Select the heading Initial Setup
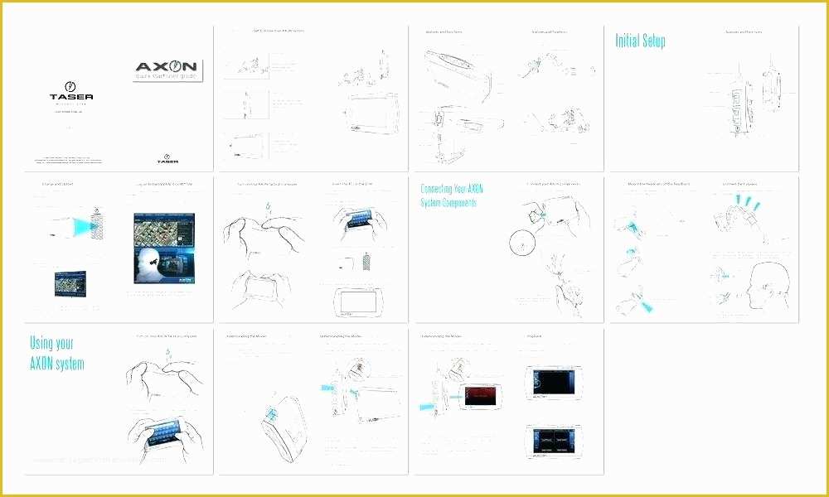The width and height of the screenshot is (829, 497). (x=640, y=41)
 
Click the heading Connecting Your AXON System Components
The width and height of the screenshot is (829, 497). (x=452, y=195)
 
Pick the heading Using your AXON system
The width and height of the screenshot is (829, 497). (x=56, y=352)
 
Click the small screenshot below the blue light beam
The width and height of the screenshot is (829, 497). (x=76, y=284)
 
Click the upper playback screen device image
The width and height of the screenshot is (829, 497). (x=553, y=384)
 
